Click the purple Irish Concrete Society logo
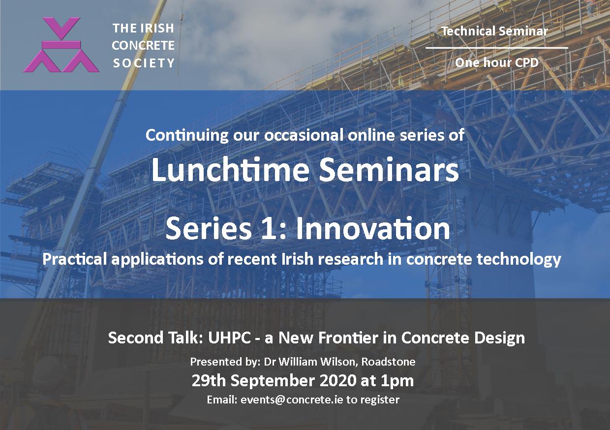click(61, 45)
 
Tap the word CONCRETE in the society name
click(143, 45)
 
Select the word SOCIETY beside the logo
click(144, 63)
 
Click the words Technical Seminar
click(494, 31)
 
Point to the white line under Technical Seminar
click(497, 48)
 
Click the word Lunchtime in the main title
click(230, 169)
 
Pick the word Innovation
click(373, 228)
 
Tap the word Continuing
click(187, 135)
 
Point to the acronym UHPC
click(230, 338)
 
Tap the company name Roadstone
click(388, 362)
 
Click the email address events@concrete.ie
click(292, 400)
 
